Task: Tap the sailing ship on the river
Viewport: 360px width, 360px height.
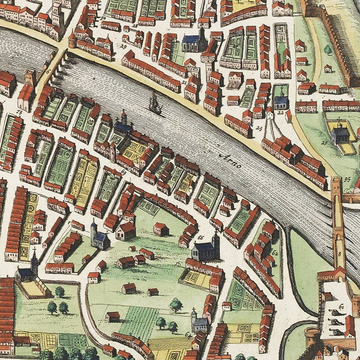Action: [155, 104]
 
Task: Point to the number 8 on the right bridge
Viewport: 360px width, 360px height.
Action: [339, 253]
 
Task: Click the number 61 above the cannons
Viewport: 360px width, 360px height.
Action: [342, 306]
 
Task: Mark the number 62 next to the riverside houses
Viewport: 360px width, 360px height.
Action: [274, 253]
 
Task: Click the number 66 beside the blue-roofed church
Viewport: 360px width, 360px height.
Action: [201, 237]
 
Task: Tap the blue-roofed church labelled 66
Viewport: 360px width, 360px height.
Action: [205, 250]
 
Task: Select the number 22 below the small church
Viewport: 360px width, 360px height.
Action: [280, 112]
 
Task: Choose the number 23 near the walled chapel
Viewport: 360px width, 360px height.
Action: [324, 143]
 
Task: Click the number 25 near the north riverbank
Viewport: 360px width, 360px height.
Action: [259, 128]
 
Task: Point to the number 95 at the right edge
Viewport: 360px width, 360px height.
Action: [347, 179]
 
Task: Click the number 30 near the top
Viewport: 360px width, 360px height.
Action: [103, 18]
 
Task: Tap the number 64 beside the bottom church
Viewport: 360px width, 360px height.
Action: [188, 334]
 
